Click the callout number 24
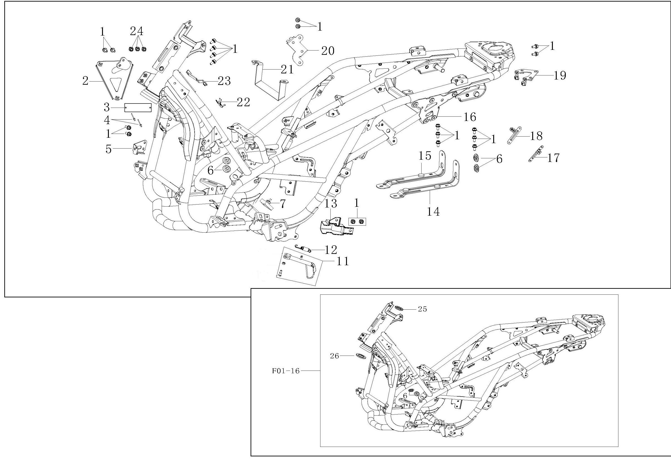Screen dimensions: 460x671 pos(137,31)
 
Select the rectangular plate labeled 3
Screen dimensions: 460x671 pos(137,108)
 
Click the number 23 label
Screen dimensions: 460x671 pos(224,81)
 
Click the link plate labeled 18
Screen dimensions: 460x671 pos(514,135)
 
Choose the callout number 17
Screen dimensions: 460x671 pos(554,158)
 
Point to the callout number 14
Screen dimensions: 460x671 pos(433,212)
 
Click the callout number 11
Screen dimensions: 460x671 pos(342,261)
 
